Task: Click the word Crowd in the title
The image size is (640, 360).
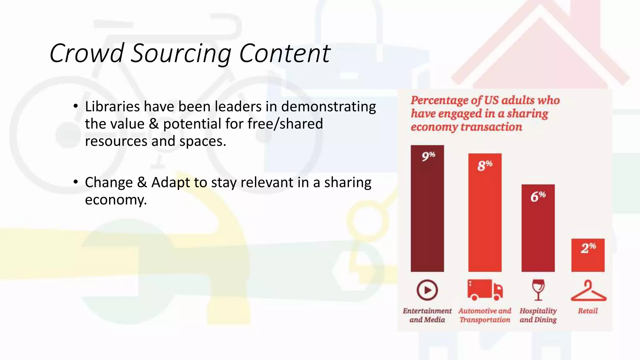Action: click(x=87, y=53)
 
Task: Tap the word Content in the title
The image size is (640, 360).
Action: click(x=284, y=53)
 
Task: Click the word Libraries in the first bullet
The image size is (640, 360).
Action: click(x=112, y=107)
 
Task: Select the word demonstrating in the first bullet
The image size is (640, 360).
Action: click(x=328, y=107)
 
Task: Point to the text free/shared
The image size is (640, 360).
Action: click(x=285, y=124)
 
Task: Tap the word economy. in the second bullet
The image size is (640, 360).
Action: click(x=116, y=200)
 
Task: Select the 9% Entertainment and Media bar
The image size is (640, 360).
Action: click(x=427, y=212)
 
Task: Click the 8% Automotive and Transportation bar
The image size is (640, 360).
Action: click(x=485, y=219)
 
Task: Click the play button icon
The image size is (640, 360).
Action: click(x=427, y=290)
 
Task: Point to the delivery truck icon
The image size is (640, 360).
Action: click(x=485, y=290)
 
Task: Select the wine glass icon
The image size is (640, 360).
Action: click(x=538, y=290)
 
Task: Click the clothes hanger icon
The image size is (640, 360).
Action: click(x=588, y=291)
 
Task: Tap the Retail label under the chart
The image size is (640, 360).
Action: click(x=587, y=311)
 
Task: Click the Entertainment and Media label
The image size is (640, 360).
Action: click(x=427, y=315)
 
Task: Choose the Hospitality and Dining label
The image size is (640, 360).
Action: click(x=538, y=315)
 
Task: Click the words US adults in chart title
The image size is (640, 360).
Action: click(x=506, y=100)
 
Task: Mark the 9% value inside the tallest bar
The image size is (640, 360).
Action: click(x=428, y=156)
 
